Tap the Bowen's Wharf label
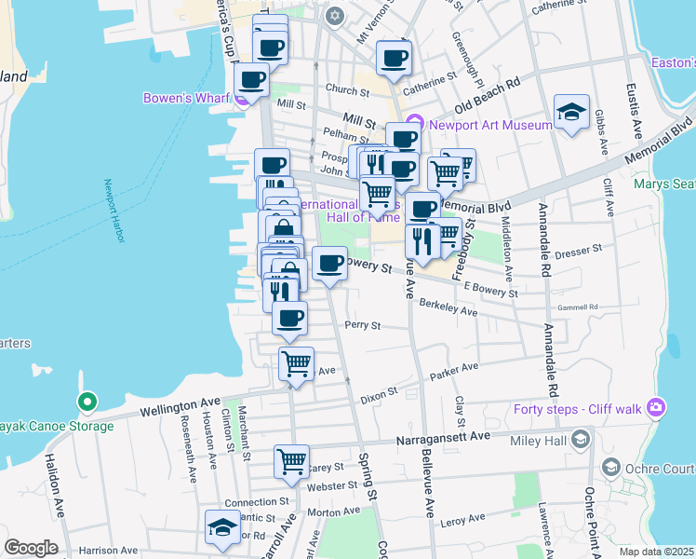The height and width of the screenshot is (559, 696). click(187, 98)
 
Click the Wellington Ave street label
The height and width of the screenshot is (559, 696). click(181, 407)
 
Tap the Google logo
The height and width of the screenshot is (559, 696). click(31, 548)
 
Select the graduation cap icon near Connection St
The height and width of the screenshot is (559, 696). click(222, 526)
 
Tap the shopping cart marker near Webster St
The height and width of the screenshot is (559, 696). click(291, 461)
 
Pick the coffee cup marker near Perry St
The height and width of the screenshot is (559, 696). click(289, 318)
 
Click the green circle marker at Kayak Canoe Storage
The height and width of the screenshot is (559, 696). click(87, 402)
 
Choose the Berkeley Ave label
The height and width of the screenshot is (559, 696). click(448, 308)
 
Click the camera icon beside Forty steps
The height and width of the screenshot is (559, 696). click(657, 407)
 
